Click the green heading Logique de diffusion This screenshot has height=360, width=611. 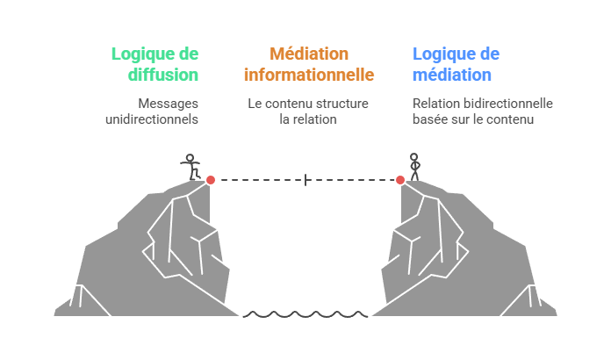(155, 64)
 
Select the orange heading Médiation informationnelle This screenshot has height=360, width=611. (308, 64)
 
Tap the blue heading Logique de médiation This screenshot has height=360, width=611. (456, 64)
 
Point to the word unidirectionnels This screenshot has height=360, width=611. (151, 119)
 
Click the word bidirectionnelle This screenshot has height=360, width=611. (509, 104)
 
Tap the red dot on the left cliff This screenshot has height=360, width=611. (211, 179)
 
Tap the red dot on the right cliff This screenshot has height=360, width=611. (400, 179)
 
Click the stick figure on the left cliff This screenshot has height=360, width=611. (190, 167)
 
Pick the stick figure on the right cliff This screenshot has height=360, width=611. (414, 166)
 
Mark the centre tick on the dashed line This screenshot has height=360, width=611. (305, 180)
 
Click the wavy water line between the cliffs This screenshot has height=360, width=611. (305, 313)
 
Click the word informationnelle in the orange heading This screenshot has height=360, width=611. (308, 75)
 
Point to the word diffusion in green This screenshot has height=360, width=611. (162, 75)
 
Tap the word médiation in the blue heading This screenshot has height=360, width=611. (452, 75)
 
